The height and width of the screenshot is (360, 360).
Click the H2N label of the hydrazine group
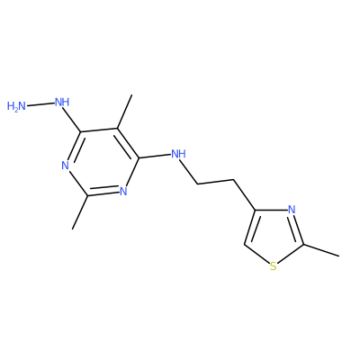16,106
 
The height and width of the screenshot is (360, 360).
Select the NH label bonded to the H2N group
62,103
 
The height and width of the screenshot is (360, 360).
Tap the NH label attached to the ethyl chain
178,154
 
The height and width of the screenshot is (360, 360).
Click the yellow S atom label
273,266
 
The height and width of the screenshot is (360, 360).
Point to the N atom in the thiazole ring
292,209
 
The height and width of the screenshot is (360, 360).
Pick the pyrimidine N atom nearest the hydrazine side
66,166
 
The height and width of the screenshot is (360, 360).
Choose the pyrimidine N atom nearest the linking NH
123,191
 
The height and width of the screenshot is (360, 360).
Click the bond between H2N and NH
40,104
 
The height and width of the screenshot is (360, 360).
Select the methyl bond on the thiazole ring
321,250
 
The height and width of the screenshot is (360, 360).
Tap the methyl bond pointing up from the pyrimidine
124,112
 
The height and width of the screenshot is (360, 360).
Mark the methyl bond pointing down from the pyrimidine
80,212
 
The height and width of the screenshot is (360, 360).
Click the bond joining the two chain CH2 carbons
215,182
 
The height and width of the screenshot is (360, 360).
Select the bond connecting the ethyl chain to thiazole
244,195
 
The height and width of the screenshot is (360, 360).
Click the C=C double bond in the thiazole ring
250,227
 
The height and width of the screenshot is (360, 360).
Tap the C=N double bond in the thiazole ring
298,229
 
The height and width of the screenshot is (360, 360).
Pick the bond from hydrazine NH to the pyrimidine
72,121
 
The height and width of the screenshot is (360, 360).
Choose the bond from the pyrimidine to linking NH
155,156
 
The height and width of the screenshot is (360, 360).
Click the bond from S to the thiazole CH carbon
256,254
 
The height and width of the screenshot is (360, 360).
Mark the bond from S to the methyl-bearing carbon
291,254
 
